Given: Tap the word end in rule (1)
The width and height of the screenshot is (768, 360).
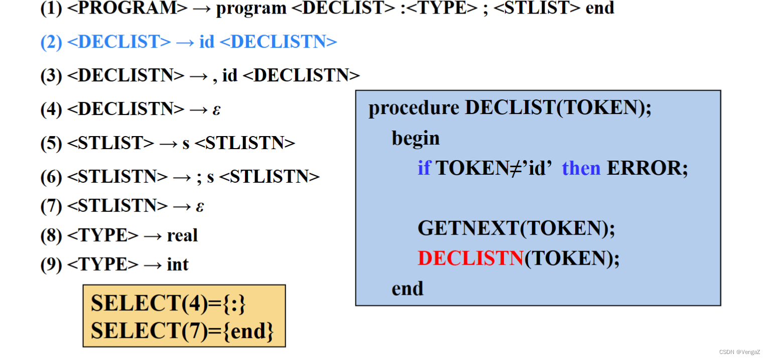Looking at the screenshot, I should tap(600, 8).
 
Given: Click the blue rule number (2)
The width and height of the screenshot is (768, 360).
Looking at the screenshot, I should tap(51, 42).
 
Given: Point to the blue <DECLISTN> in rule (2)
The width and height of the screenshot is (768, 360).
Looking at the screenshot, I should tap(278, 42).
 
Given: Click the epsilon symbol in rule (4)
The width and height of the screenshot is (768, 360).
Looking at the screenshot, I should tap(216, 109).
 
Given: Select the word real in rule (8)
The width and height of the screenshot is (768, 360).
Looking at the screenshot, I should tap(182, 235).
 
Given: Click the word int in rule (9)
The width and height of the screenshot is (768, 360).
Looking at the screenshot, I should tap(178, 265).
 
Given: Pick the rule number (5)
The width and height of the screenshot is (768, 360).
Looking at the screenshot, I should tap(51, 144).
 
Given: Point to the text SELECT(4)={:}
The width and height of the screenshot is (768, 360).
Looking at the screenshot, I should tap(168, 304).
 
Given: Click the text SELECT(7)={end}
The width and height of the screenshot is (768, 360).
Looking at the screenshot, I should tap(183, 331).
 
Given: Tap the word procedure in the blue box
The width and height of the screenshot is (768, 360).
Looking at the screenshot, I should tap(414, 108).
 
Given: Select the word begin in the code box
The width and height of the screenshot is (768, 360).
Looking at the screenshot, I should tap(416, 138).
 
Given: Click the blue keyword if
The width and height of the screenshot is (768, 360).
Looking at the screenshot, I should tap(424, 168).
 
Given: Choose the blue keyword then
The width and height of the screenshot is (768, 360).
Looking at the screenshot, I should tap(581, 168).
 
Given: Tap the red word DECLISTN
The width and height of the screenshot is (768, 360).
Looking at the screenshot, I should tap(471, 259).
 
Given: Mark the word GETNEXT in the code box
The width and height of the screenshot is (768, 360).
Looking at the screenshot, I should tap(468, 228).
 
